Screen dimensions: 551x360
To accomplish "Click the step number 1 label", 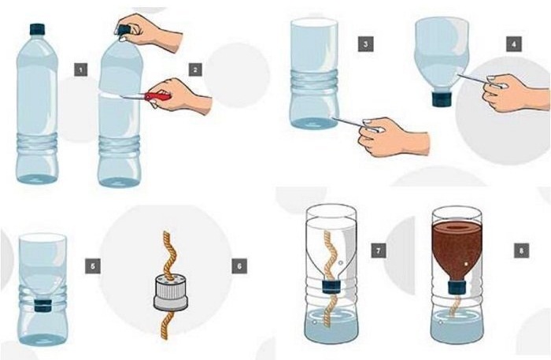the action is pos(81,69).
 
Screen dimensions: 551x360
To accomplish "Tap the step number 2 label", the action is pos(195,69).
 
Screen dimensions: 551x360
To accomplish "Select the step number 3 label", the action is pos(365,44).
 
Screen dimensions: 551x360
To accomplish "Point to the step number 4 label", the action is pos(514,44).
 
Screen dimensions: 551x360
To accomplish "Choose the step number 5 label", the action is pos(93,265).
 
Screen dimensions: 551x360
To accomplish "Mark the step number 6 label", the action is pos(239,265).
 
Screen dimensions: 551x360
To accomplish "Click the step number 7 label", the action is pos(379,251).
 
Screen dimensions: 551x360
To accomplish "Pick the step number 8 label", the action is pos(521,251).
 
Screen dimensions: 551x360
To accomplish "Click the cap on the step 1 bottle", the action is pos(37,29).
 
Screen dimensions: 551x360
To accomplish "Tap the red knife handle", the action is pos(157,95).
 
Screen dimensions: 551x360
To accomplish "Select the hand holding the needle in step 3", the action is pos(392,137).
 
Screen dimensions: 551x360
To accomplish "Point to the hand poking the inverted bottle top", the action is pos(515,92).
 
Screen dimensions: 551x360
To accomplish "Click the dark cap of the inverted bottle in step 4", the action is pos(443,98).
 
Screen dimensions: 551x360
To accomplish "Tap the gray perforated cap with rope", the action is pos(171,292).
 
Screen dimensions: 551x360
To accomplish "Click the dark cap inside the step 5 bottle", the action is pos(43,306).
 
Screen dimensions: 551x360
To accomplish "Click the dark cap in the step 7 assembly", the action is pos(331,286).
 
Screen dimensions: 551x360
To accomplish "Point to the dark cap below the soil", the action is pos(458,287).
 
